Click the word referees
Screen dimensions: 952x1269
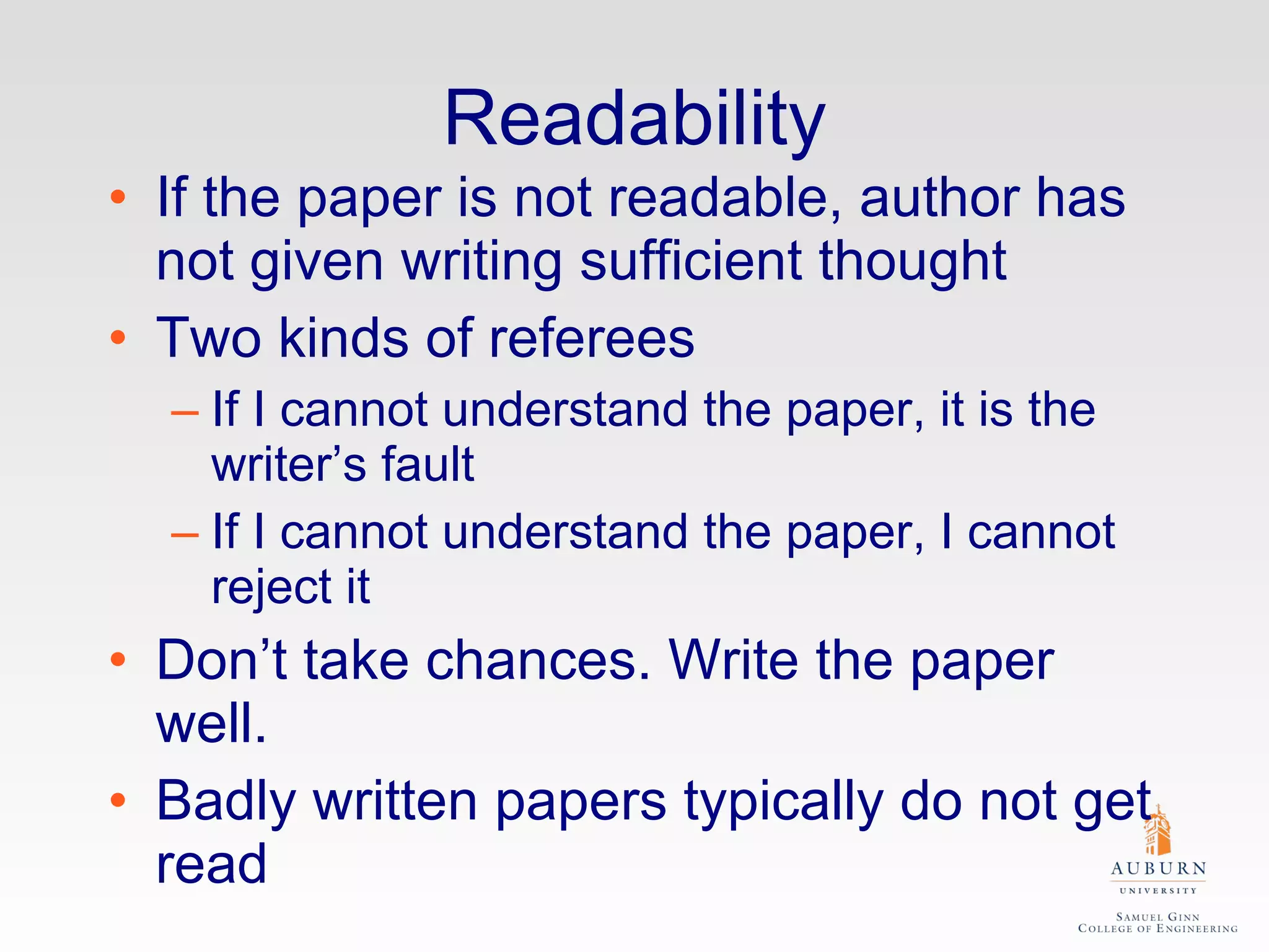591,338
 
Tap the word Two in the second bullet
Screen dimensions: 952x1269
208,338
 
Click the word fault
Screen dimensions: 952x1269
428,464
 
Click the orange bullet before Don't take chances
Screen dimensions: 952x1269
118,659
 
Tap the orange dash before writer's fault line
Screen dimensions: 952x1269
185,413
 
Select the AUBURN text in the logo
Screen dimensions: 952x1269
1158,868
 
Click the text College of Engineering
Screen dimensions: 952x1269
1157,928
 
